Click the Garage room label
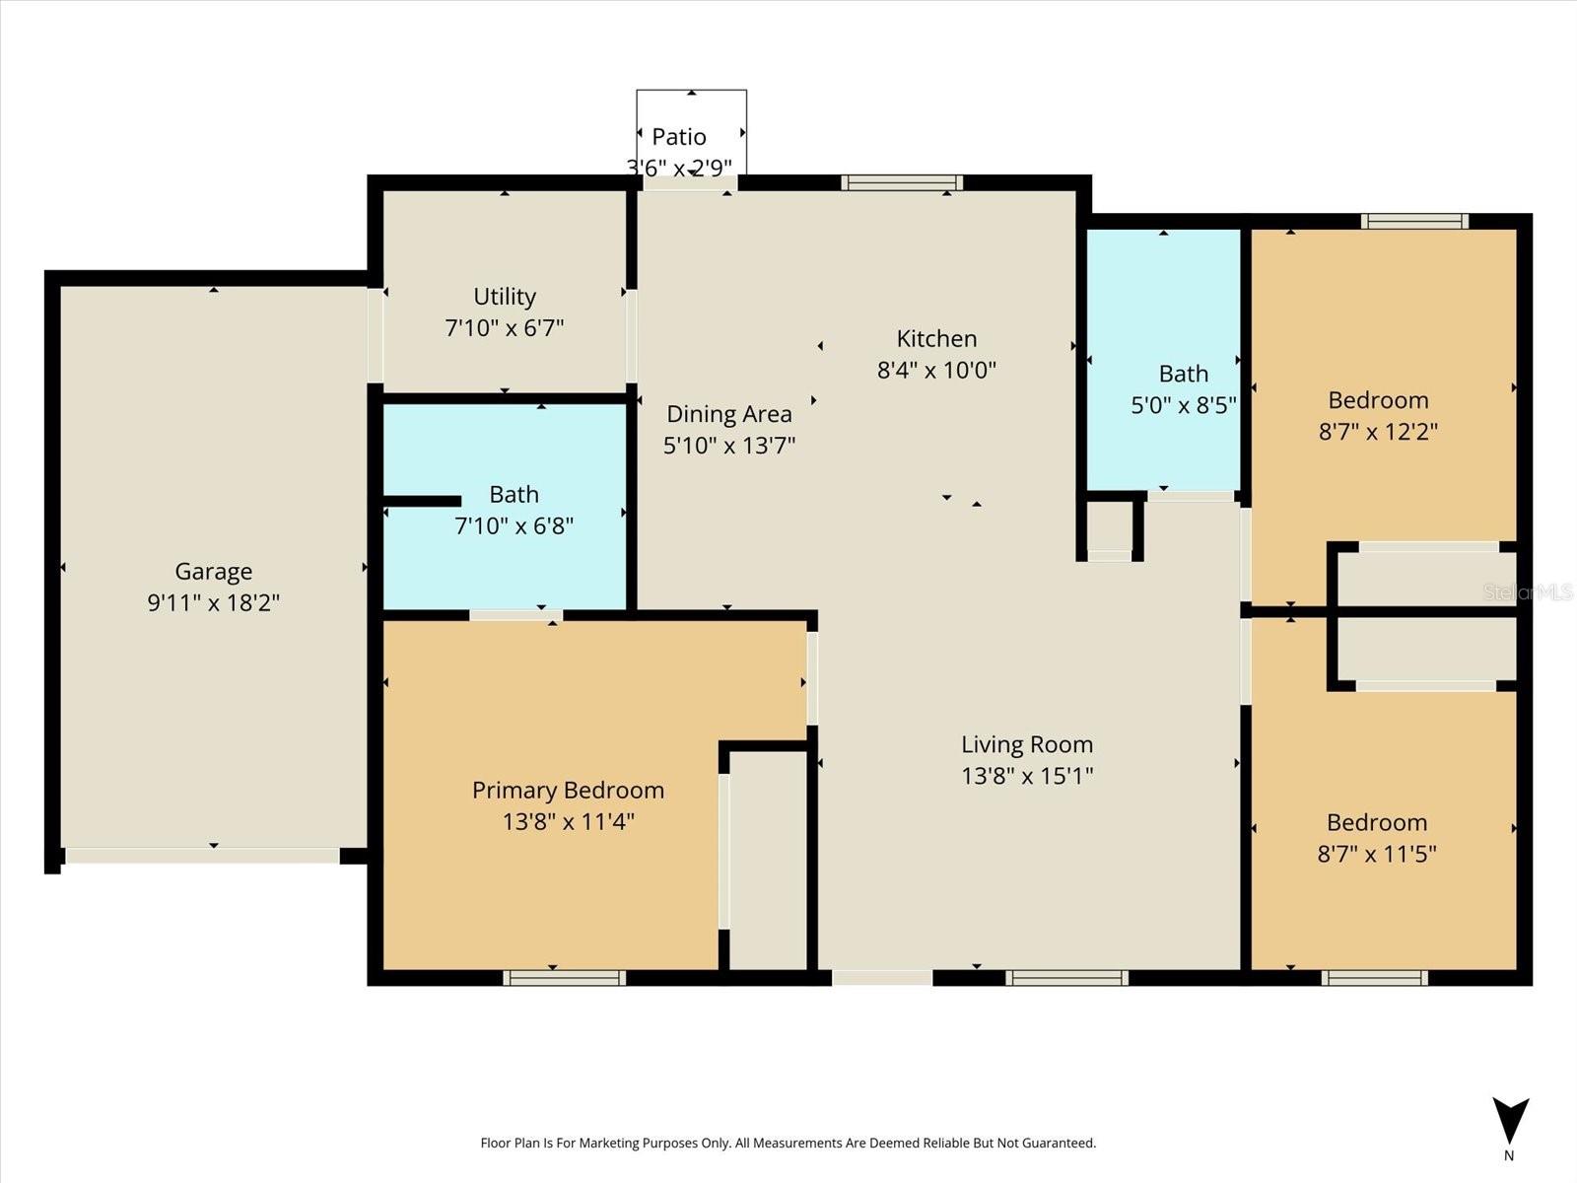click(213, 571)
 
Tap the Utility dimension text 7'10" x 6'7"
click(504, 327)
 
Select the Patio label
click(679, 136)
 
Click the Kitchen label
click(936, 338)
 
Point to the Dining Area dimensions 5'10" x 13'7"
click(728, 445)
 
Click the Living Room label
click(1027, 744)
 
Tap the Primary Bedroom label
click(568, 790)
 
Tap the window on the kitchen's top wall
click(901, 182)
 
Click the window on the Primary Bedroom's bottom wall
click(564, 978)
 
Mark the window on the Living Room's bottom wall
click(1066, 978)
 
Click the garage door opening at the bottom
click(202, 856)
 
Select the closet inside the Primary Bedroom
click(768, 858)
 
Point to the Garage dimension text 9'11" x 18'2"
click(213, 602)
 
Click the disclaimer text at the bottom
click(788, 1143)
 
